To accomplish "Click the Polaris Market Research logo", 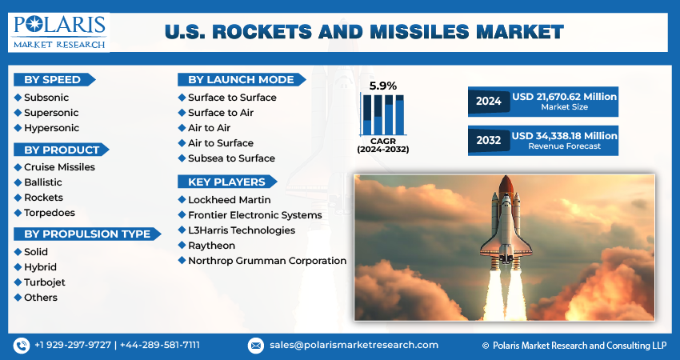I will [59, 31].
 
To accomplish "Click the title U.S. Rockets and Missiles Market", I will [364, 32].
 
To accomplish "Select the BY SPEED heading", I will [51, 79].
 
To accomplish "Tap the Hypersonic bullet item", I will [51, 128].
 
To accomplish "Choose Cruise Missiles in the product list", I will [59, 167].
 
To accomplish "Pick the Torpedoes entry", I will [50, 213].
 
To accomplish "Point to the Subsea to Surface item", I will [231, 158].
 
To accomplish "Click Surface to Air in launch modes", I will [221, 113].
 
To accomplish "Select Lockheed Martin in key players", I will [229, 199].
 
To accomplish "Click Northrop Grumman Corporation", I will [266, 261].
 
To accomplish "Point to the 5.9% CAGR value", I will [382, 86].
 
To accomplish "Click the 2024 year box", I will [488, 101].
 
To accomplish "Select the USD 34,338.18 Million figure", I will [564, 135].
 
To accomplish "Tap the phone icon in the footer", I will [21, 345].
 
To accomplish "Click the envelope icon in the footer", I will [255, 345].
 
